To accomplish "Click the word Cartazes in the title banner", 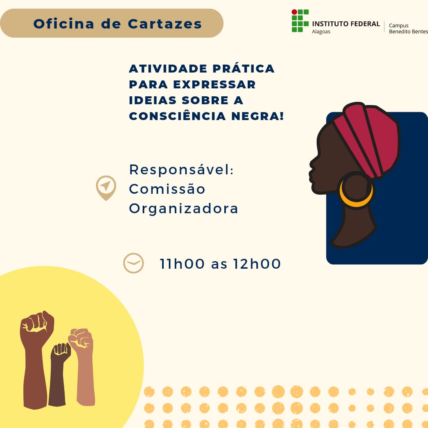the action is coord(165,24).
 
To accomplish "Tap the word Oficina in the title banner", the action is coord(64,23).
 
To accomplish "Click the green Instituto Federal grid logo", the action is coord(300,21).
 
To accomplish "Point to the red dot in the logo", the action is coord(294,12).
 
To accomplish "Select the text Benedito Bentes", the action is coord(408,31).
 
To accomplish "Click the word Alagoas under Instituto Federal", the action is coord(321,32).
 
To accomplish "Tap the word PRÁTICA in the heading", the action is coord(243,68).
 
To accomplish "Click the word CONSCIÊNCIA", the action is coord(178,116).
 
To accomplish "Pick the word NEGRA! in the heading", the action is coord(258,116).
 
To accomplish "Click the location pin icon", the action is coord(106,188).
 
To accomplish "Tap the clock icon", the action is coord(134,263).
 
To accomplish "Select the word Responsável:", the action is coord(182,170).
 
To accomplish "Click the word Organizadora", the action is coord(183,209).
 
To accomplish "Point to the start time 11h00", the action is coord(182,264).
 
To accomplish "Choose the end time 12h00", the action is coord(257,264).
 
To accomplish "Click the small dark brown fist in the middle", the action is coord(59,374).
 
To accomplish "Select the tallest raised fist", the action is coord(36,360).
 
